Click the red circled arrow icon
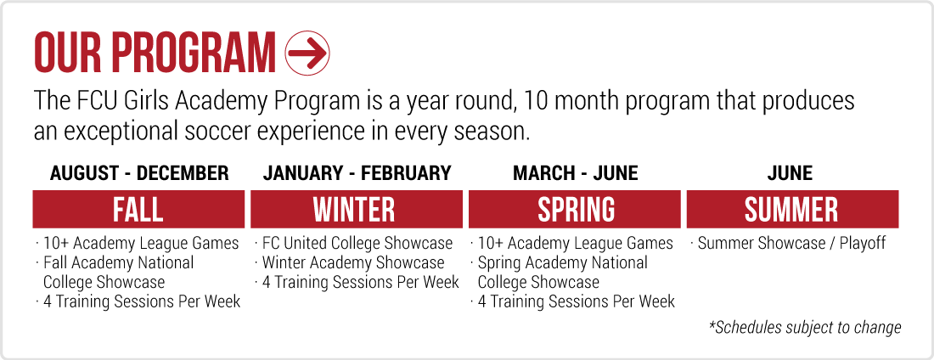coord(307,53)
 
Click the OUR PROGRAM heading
coord(155,53)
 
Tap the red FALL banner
coord(138,209)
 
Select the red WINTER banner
coord(357,209)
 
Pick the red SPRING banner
coord(575,209)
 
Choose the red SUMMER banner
coord(793,209)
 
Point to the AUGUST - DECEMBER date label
coord(139,173)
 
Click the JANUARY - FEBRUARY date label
coord(357,173)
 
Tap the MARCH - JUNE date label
coord(576,173)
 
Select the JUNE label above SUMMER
coord(790,173)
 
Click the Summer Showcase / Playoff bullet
coord(788,244)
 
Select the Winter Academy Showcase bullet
coord(350,263)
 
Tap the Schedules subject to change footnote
coord(805,327)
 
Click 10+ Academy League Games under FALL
coord(138,244)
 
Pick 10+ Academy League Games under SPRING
coord(572,244)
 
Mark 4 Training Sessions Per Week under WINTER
coord(357,282)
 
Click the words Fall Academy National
coord(119,263)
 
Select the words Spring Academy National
coord(562,263)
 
